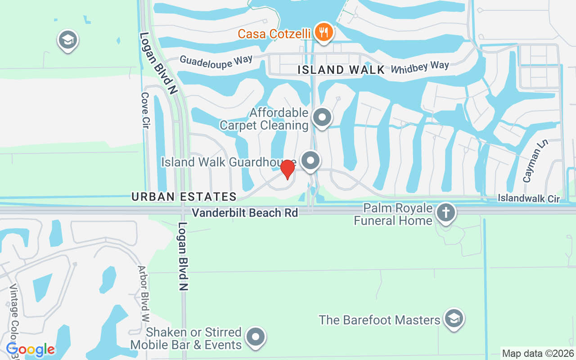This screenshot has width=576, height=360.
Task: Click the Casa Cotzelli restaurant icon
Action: coord(323,32)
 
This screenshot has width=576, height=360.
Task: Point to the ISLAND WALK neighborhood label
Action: coord(342,70)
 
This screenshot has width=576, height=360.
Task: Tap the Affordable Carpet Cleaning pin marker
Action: coord(322,117)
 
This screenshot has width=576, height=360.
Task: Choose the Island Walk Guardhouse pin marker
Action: coord(310,161)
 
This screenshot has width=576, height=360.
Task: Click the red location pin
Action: coord(288,169)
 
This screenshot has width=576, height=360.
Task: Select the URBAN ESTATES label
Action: coord(184,197)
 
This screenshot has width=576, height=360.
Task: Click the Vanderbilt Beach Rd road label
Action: coord(245,213)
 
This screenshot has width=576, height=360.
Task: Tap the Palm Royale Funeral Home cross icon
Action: coord(446,213)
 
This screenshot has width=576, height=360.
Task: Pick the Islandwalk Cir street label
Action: coord(529,198)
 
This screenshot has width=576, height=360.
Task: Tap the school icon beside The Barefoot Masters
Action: coord(454,319)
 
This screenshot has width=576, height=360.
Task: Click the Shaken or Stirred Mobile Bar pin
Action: coord(256,337)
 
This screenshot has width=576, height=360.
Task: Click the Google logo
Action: coord(30,349)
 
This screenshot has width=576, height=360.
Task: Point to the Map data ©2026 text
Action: coord(537,354)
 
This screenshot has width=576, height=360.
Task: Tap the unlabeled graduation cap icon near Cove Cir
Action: coord(68,40)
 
